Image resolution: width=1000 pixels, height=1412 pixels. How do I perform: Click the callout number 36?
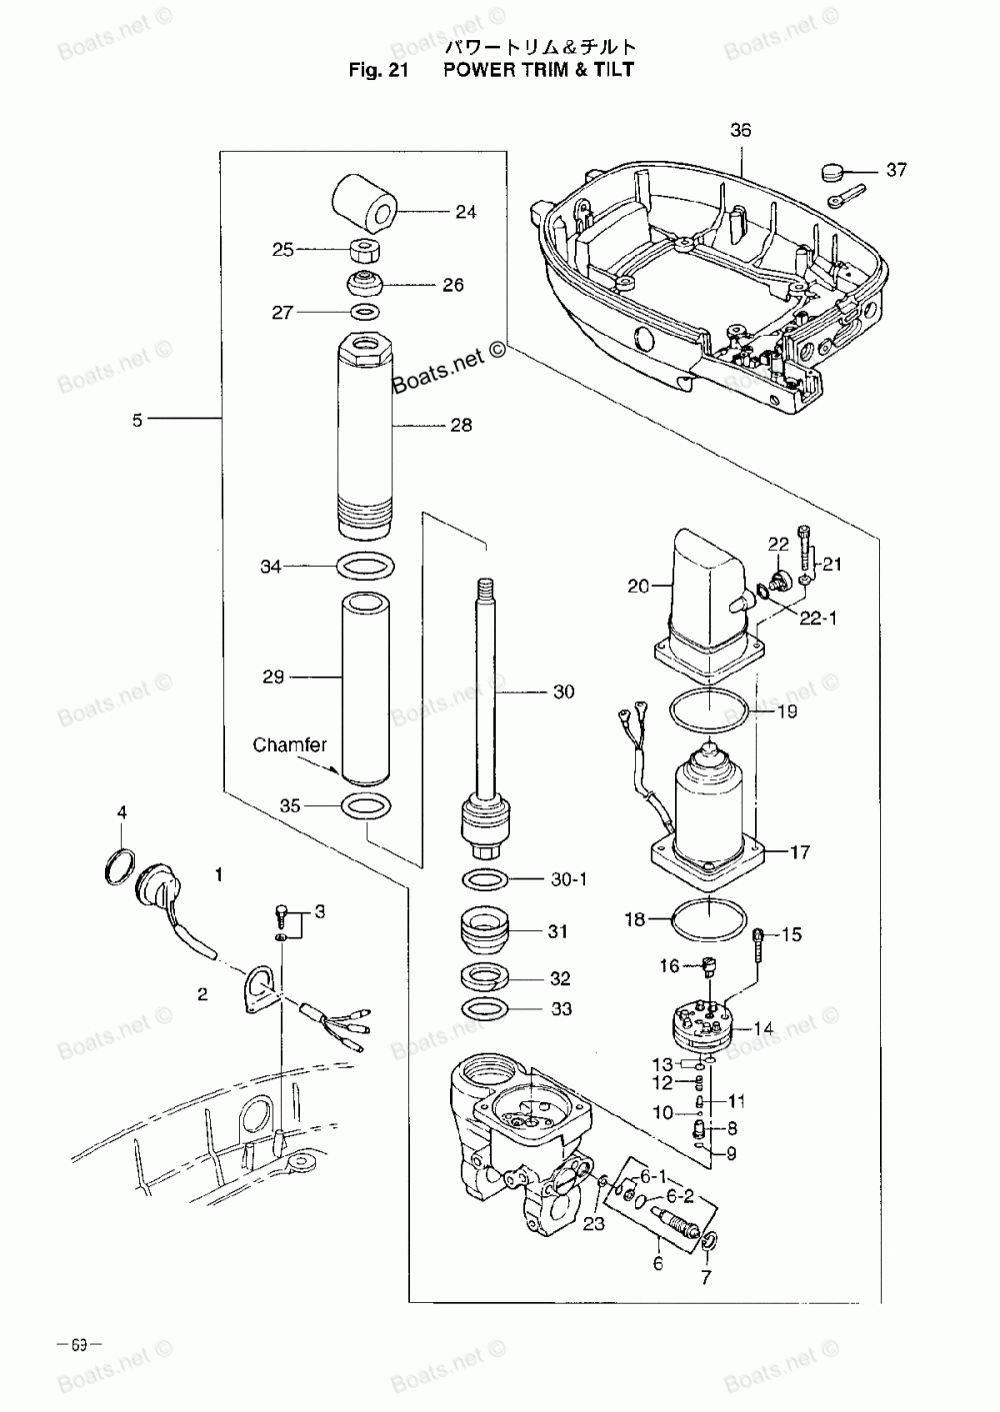click(740, 131)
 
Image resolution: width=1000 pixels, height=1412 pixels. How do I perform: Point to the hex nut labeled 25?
click(363, 249)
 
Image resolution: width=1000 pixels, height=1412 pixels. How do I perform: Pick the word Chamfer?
click(289, 744)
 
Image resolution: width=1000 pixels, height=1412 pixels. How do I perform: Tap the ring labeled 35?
click(366, 805)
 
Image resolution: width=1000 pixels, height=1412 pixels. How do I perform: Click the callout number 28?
click(460, 425)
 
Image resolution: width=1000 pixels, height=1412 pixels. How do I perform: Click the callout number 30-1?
click(569, 879)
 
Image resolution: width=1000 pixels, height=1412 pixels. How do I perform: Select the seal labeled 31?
click(486, 931)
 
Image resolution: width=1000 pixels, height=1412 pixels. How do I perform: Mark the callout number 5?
click(137, 420)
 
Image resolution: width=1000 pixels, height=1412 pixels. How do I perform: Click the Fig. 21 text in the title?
click(376, 70)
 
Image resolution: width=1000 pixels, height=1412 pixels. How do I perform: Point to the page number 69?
click(87, 1344)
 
